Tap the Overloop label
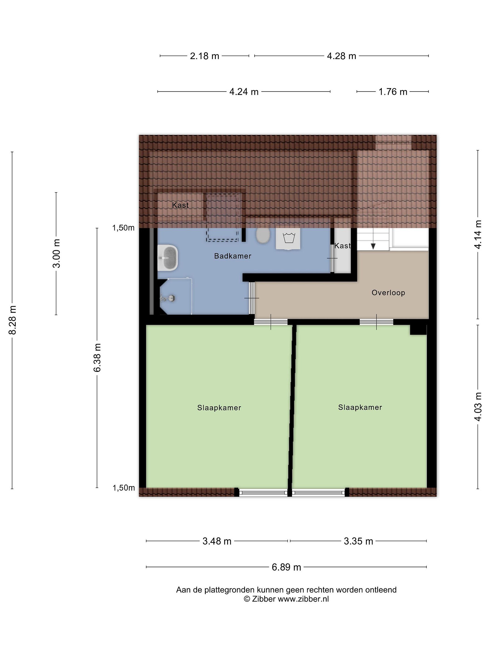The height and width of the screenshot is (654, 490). point(388,293)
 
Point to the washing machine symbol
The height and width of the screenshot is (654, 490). point(288,238)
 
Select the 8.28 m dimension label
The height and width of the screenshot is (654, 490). point(12,320)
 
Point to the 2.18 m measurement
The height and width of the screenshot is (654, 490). point(204,56)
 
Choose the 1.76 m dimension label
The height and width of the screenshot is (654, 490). point(393,92)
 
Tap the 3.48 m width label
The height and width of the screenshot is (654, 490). point(217,541)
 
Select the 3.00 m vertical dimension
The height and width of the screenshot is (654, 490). point(56,253)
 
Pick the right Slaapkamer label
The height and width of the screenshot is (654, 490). point(360,407)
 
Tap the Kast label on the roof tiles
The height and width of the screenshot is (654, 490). point(180,205)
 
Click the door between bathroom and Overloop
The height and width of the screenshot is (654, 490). point(252,298)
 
